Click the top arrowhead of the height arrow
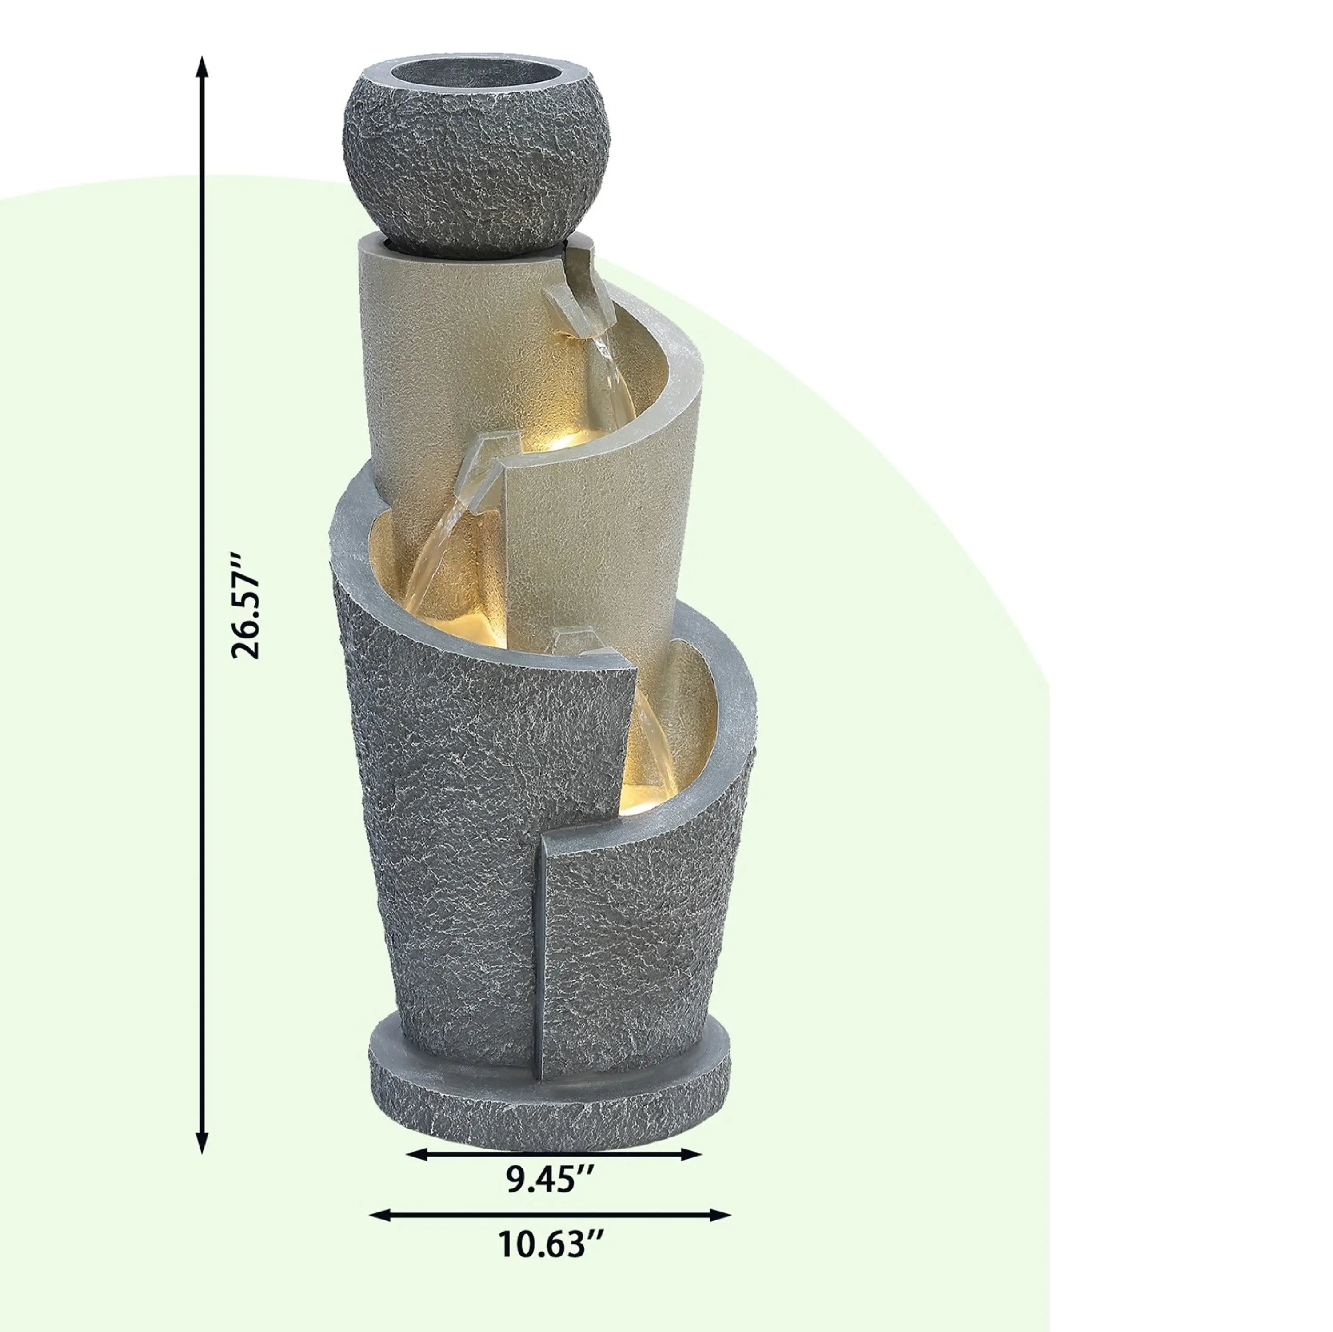coord(201,68)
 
